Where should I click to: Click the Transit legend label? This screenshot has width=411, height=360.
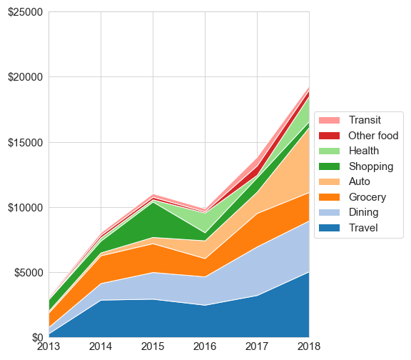[365, 120]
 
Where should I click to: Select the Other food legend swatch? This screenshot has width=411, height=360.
[329, 136]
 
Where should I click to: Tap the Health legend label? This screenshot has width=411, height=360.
[364, 151]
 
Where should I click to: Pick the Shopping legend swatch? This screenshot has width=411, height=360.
[329, 166]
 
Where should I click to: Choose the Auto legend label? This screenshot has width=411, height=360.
[360, 181]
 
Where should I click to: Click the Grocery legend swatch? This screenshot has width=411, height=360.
[329, 197]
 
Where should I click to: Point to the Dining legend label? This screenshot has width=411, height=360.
[364, 212]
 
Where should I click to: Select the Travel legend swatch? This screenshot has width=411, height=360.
[329, 228]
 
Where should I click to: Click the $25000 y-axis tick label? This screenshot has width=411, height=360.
[25, 12]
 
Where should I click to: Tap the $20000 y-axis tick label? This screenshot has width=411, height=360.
[25, 77]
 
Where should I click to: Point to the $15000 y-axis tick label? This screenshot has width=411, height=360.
[25, 142]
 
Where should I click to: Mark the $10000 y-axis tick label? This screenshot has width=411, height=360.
[25, 208]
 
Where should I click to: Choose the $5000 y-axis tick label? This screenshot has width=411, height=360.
[29, 273]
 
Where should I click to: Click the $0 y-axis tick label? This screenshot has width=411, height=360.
[37, 338]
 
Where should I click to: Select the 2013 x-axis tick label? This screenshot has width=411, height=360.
[49, 346]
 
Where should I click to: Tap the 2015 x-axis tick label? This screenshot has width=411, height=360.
[153, 346]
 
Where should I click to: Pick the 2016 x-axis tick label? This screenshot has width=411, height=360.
[205, 346]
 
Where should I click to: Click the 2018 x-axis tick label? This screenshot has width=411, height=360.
[309, 346]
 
